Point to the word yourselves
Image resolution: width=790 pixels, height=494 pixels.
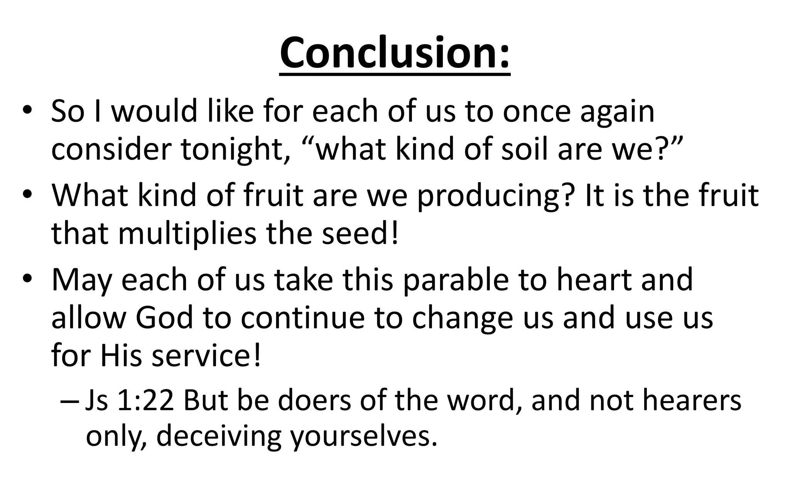[x=364, y=436]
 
